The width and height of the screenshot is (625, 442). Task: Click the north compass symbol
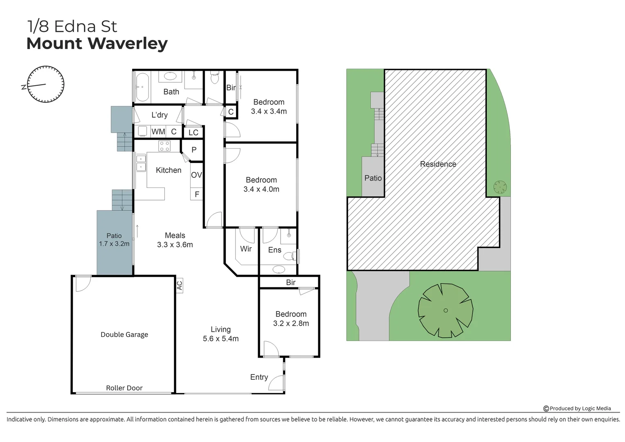point(45,84)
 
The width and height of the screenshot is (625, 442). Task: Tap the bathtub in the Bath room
point(142,87)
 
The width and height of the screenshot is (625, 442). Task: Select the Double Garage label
point(124,334)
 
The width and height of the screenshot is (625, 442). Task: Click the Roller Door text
point(124,388)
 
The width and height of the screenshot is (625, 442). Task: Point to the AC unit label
point(179,285)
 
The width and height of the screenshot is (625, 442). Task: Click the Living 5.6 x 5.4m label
point(220,334)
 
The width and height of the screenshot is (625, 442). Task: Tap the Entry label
point(259,377)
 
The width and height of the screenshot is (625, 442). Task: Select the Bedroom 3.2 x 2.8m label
point(291,318)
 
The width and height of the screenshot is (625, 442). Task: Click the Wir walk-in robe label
point(246,249)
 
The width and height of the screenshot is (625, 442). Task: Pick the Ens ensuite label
point(274,250)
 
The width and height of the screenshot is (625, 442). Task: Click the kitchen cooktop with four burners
point(164,146)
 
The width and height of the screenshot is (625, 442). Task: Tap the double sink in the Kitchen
point(141,163)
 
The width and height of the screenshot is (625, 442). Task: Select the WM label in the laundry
point(158,131)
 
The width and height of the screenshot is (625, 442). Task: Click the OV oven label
point(196,175)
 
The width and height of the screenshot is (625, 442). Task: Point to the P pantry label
point(194,150)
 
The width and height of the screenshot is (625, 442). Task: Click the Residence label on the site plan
point(438,164)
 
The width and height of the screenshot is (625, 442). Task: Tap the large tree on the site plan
point(445,310)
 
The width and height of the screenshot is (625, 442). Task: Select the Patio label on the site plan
point(373,178)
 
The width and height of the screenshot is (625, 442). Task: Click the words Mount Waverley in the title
point(97,43)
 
